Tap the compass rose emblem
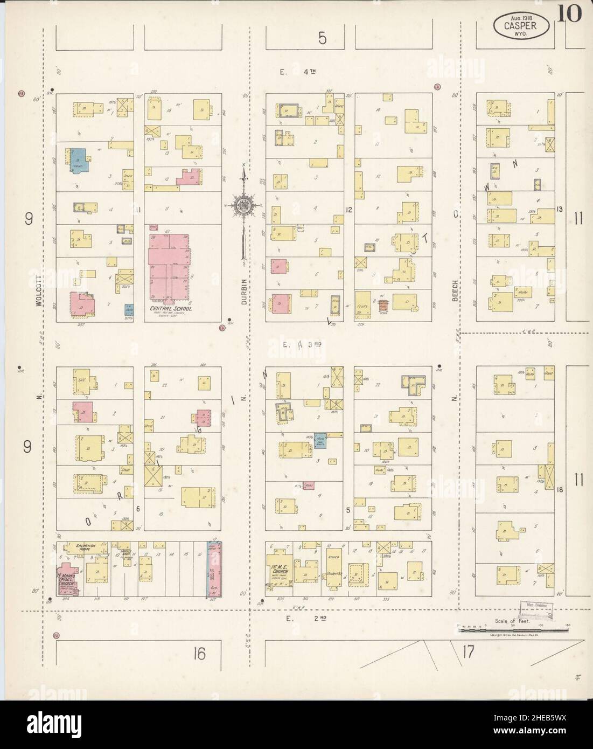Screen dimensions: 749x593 tap(243, 204)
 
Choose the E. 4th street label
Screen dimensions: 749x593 tap(298, 71)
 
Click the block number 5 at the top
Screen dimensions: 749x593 tap(322, 38)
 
